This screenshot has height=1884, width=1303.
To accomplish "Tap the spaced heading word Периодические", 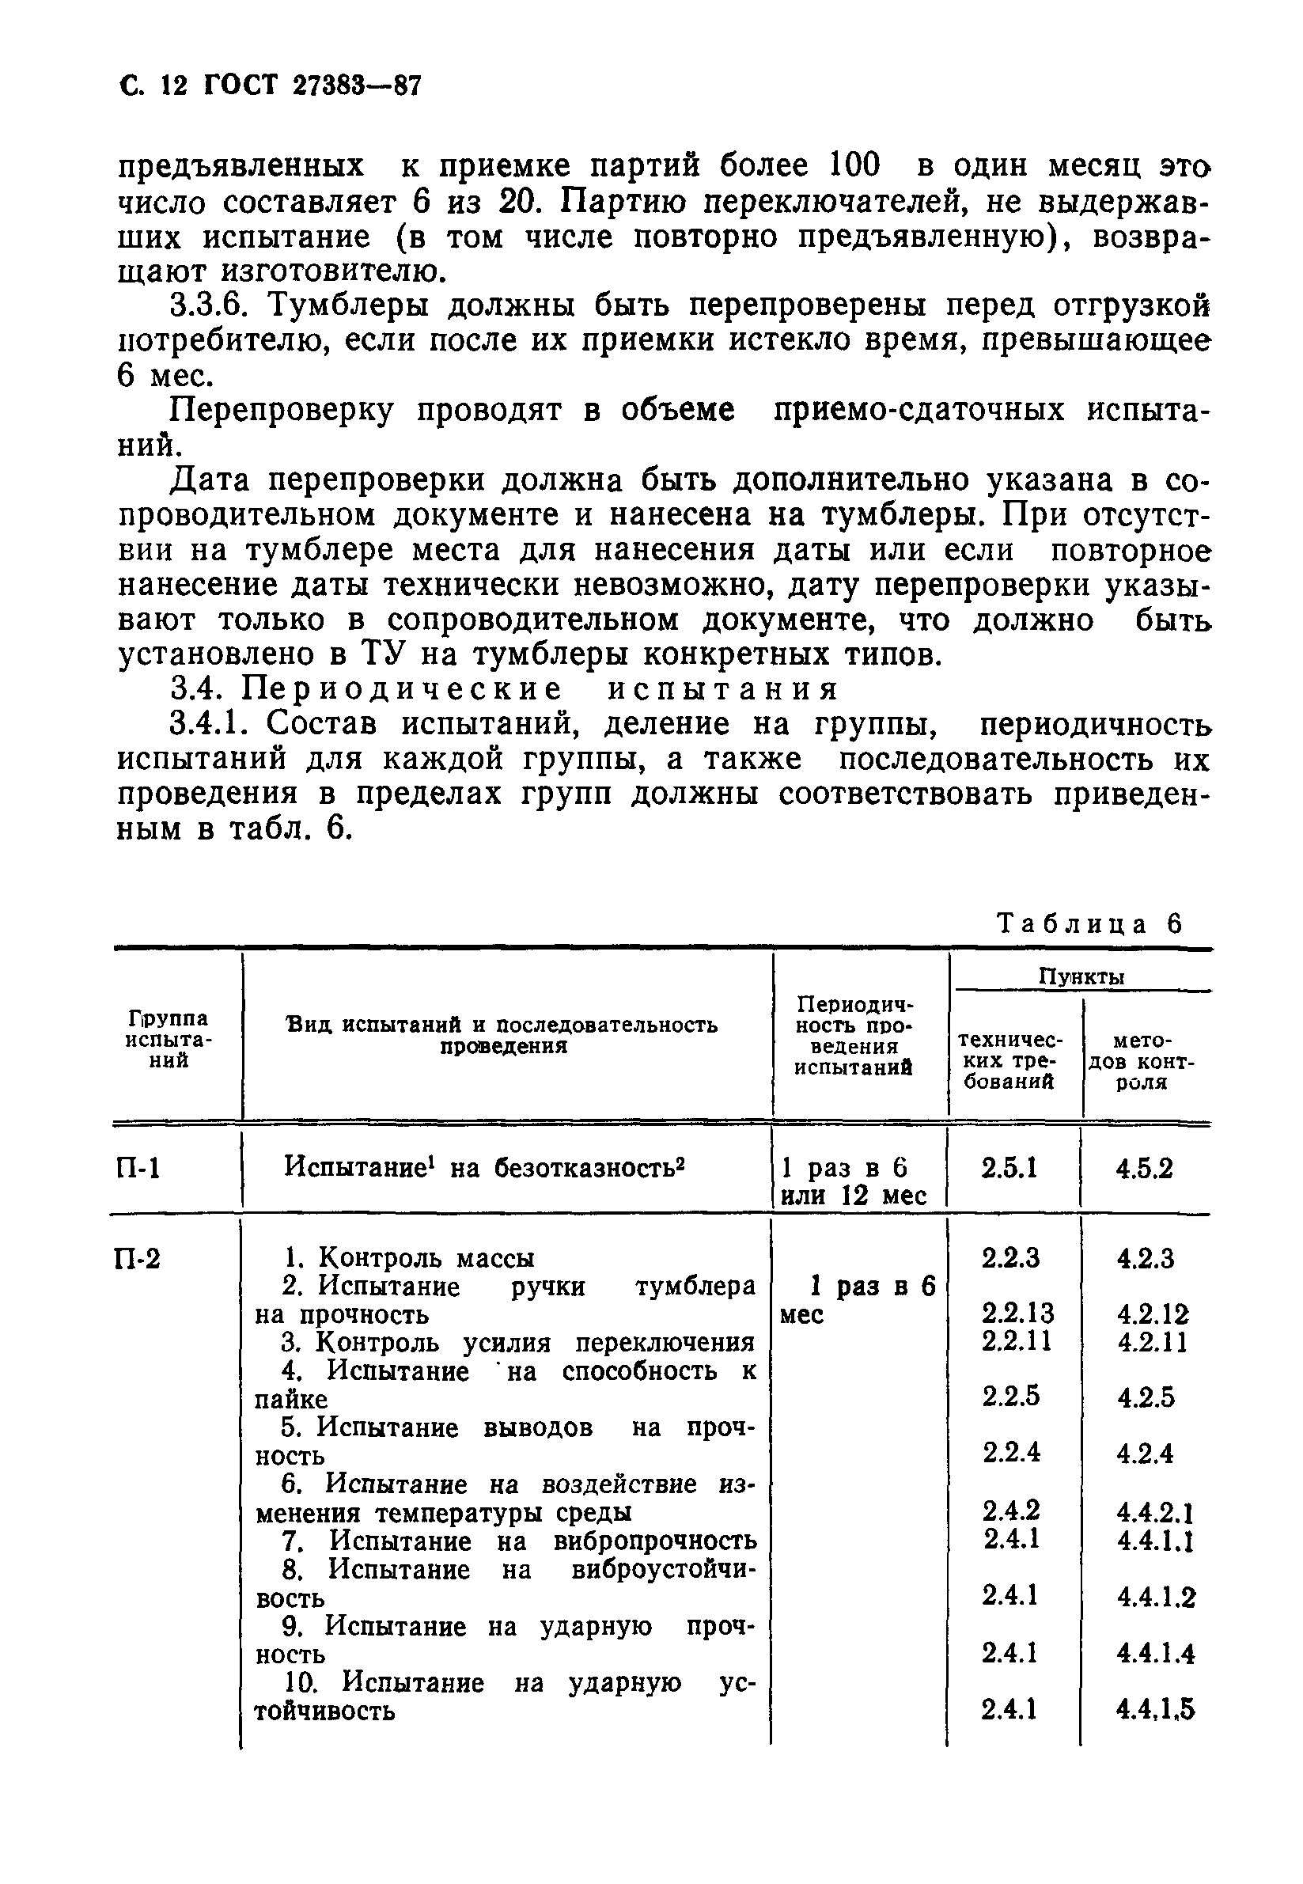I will tap(402, 689).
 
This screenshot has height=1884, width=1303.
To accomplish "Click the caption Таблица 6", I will tap(1090, 923).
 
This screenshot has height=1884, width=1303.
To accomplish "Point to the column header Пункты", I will tap(1081, 976).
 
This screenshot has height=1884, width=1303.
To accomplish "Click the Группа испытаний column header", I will tap(170, 1040).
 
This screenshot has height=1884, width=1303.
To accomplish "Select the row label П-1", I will tap(138, 1169).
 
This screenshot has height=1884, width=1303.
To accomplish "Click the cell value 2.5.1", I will tap(1010, 1169).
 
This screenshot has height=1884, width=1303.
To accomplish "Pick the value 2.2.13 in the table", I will tap(1017, 1313).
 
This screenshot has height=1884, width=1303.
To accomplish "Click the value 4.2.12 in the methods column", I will tap(1152, 1314).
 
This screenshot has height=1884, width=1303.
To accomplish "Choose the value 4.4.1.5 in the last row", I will tap(1154, 1709).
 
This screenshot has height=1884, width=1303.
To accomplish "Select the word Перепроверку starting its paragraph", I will tap(282, 410).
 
